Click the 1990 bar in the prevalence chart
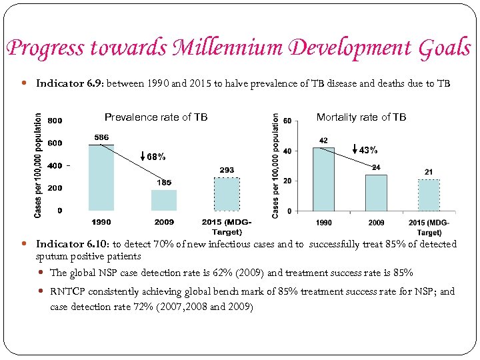pos(101,177)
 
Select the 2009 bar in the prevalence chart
pos(164,200)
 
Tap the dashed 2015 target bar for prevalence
pos(227,194)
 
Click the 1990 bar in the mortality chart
pos(324,179)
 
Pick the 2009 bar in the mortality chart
pos(377,193)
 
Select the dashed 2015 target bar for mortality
pos(429,195)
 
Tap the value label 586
pos(101,137)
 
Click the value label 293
pos(227,170)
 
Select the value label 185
pos(164,183)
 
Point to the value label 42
pos(324,141)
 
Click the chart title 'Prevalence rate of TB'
pos(156,117)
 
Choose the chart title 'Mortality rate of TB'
pos(361,117)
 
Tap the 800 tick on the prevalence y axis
pos(55,121)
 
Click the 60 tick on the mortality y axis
pos(287,121)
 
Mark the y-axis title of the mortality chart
pos(275,165)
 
